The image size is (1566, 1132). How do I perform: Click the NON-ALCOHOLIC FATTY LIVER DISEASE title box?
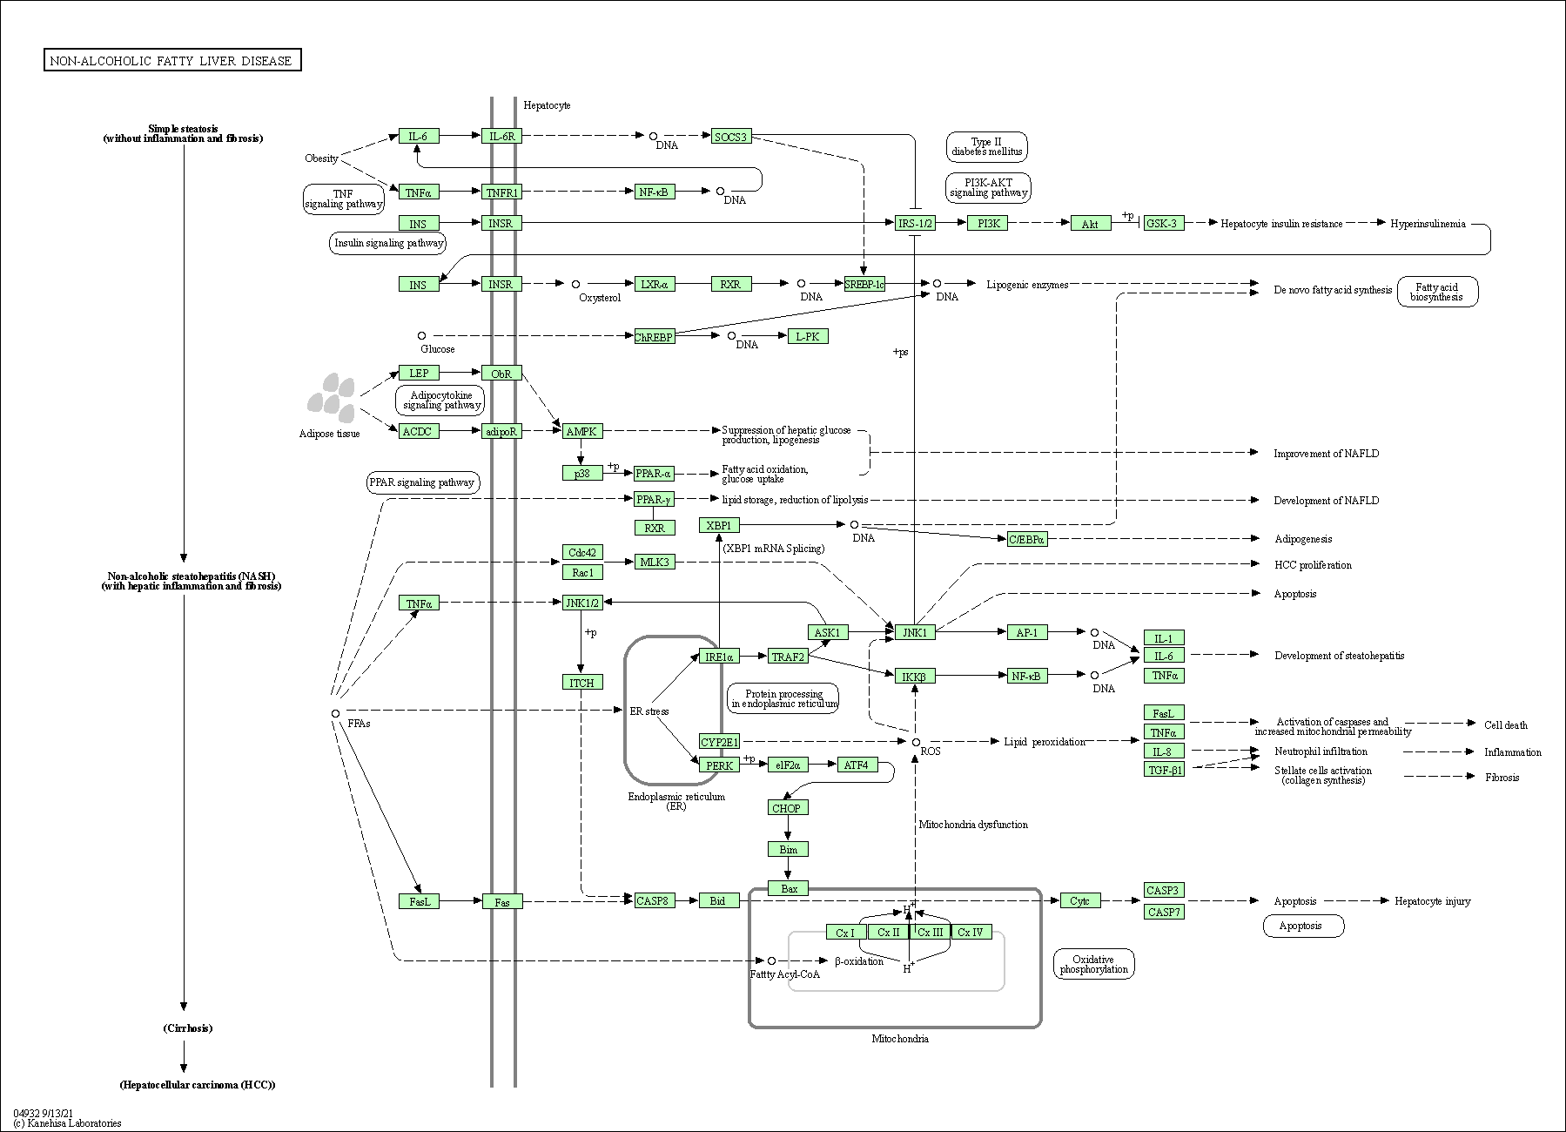point(172,60)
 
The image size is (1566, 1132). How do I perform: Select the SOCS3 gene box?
point(730,137)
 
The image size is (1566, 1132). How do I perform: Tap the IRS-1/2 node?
point(915,224)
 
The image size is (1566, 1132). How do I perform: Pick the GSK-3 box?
point(1161,224)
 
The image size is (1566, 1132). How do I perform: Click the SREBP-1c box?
point(864,284)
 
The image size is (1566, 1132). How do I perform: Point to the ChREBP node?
point(654,336)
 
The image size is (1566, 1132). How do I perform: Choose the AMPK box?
point(581,431)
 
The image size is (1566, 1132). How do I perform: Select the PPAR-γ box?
point(654,499)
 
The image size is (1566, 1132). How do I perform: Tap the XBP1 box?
point(719,525)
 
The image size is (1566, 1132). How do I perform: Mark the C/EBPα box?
point(1026,539)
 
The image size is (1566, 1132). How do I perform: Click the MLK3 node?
point(655,562)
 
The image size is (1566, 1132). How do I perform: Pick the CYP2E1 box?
point(719,742)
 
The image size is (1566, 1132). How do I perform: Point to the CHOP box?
point(786,808)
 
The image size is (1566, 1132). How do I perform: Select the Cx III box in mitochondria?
point(930,933)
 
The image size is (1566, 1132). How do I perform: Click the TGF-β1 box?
point(1164,770)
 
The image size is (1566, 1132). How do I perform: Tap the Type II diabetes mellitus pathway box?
point(986,146)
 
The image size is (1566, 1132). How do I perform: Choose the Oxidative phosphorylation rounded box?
point(1093,964)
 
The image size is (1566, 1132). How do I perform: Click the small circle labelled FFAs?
point(335,714)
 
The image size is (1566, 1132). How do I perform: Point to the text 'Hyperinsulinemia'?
point(1428,224)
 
